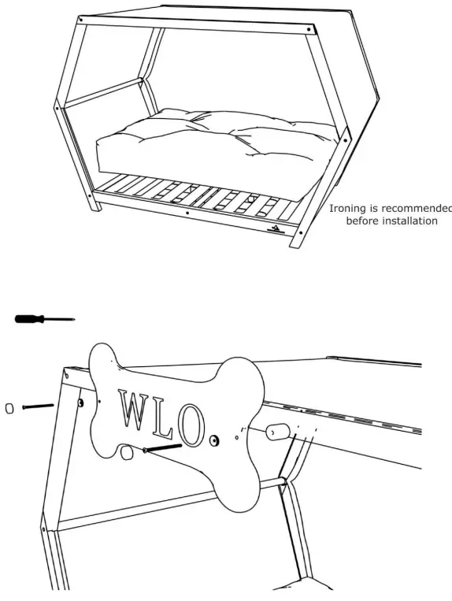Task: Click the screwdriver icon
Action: coord(43,318)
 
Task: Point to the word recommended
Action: coord(417,209)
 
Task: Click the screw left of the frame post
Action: coord(37,406)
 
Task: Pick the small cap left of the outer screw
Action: coord(10,408)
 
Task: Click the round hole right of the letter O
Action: coord(214,437)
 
